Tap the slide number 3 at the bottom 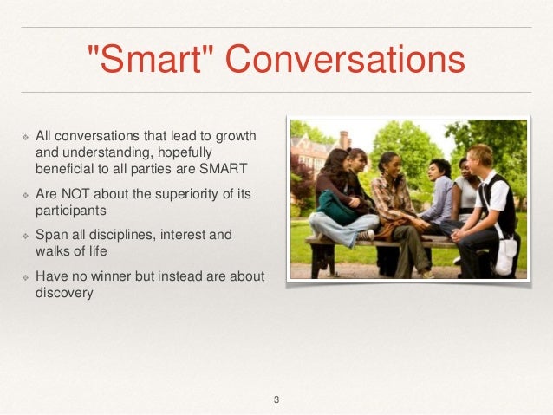[276, 399]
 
